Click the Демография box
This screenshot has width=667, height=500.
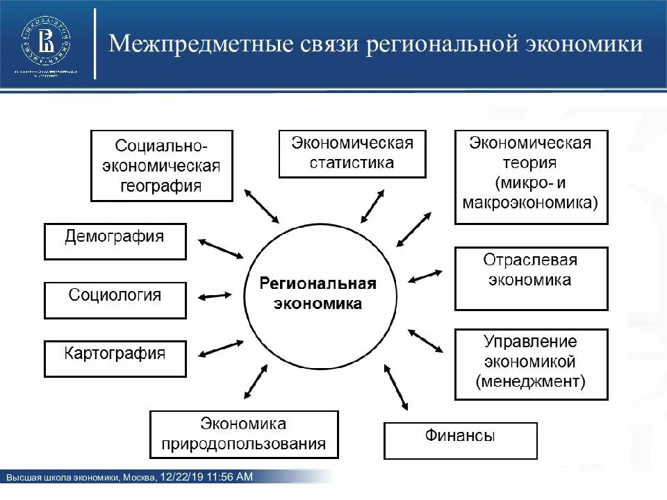coord(115,241)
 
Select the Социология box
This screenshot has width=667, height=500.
coord(115,300)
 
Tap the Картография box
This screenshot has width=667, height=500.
coord(115,358)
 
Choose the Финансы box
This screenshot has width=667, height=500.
coord(460,441)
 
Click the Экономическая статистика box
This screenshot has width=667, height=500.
coord(352,153)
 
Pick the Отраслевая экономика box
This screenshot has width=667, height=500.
coord(531,278)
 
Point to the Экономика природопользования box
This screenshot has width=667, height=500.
coord(244,434)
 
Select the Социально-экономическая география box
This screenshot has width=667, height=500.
coord(162,165)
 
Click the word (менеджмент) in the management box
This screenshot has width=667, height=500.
coord(531,381)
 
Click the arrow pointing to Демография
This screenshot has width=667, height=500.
coord(220,249)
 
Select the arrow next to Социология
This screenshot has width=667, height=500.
coord(215,297)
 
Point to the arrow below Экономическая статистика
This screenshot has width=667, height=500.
coord(372,206)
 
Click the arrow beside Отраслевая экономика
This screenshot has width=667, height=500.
coord(425,276)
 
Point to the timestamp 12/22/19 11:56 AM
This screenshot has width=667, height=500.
coord(206,476)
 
